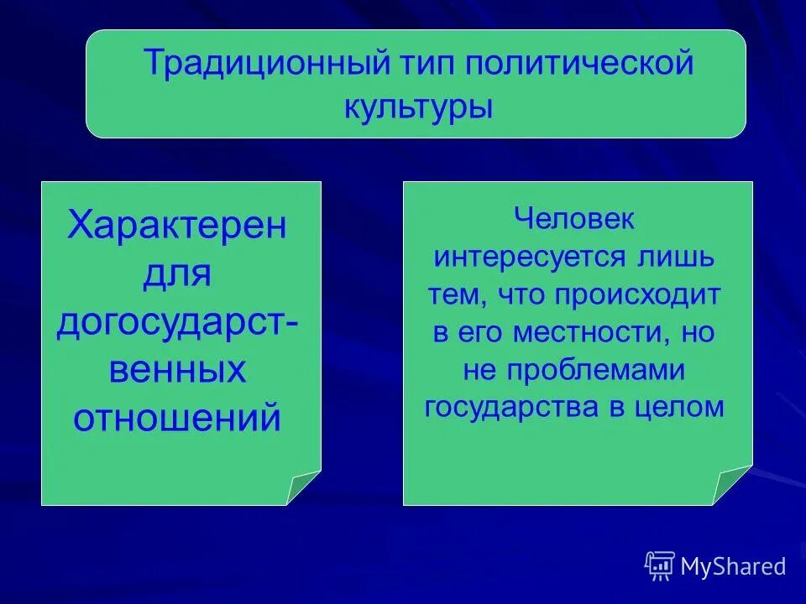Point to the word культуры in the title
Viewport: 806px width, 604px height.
point(417,107)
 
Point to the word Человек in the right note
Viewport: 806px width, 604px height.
point(576,221)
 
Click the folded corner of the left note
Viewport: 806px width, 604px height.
point(303,488)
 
